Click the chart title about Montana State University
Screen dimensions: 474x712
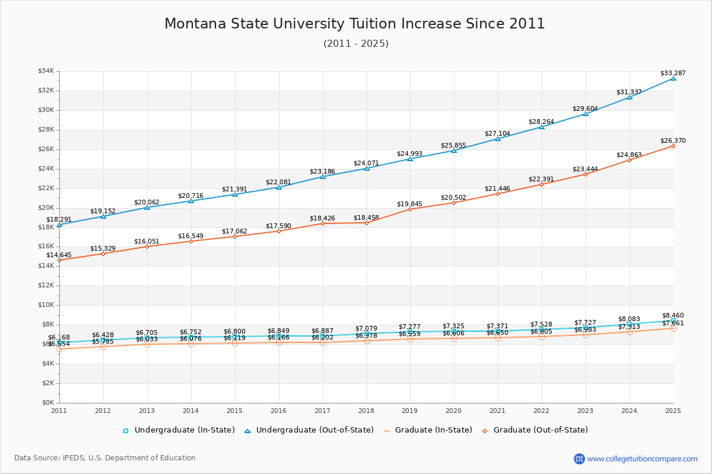tap(355, 24)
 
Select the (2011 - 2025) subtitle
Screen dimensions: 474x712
tap(356, 44)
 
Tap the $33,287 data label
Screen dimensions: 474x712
tap(673, 73)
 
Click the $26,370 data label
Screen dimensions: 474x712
tap(673, 141)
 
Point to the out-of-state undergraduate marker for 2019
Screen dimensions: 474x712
tap(410, 159)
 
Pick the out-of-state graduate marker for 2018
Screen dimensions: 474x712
tap(367, 223)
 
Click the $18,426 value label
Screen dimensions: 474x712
tap(322, 219)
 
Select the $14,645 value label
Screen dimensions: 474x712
tap(59, 255)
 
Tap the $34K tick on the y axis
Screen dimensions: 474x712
tap(46, 71)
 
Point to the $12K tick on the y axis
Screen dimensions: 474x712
tap(46, 286)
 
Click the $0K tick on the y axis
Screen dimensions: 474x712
tap(47, 403)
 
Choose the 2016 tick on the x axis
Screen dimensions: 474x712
tap(278, 411)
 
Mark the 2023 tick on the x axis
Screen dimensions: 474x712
tap(586, 411)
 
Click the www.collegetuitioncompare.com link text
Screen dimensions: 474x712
tap(642, 459)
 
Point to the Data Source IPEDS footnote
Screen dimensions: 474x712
tap(105, 458)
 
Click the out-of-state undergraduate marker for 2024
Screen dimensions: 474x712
tap(630, 97)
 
